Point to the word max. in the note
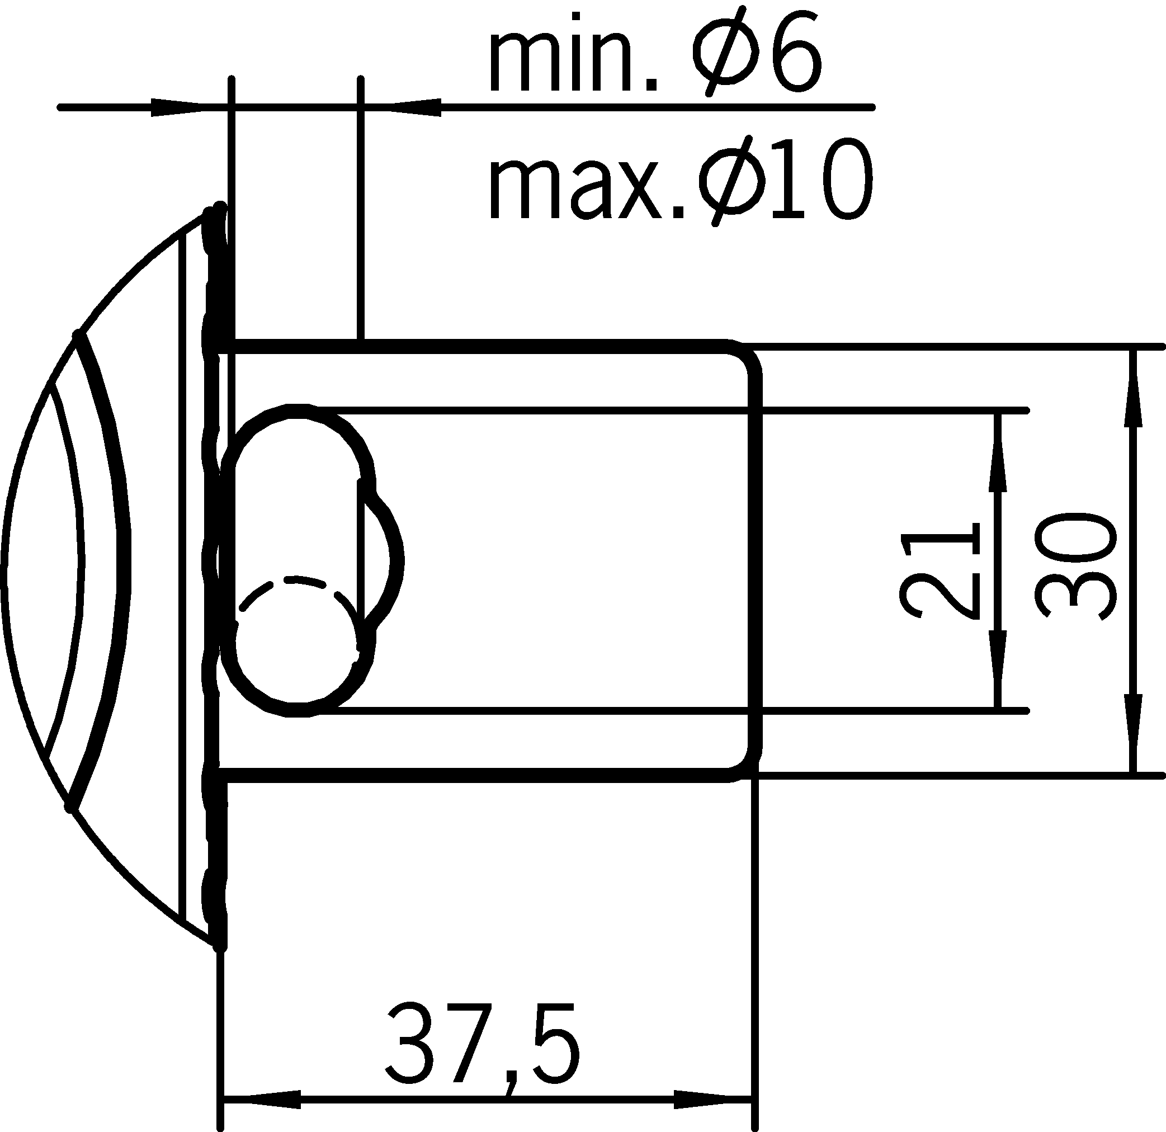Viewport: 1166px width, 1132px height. [586, 185]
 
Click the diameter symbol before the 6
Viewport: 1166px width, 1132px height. [727, 59]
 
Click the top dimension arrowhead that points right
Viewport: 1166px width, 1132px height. [178, 108]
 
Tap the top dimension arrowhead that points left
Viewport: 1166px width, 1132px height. [413, 108]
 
